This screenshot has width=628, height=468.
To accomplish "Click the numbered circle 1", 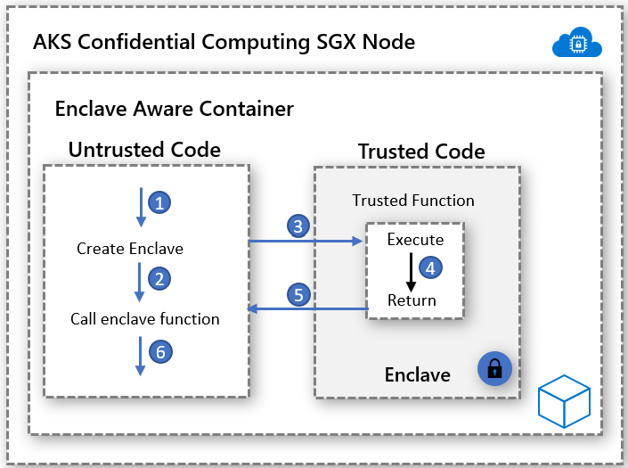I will coord(159,203).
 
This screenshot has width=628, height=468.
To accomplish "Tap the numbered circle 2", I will coord(159,279).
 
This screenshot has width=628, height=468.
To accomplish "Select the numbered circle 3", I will coord(299,226).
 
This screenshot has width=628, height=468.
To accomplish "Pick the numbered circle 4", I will coord(431,267).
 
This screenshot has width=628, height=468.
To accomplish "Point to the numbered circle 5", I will coord(299,293).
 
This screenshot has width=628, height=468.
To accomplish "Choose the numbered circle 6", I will coord(159,352).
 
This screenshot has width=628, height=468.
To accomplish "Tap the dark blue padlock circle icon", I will coord(495,367).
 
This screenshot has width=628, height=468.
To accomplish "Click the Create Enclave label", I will coord(130,249).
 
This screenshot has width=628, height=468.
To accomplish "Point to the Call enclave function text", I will coord(145,318).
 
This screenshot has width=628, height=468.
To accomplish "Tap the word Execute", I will coord(415,240).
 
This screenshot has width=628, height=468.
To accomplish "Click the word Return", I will coord(412,300).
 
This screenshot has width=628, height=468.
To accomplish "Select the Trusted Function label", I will coord(413,201).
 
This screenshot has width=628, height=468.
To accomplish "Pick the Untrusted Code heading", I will coord(144,149).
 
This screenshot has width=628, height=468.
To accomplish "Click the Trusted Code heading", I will coord(421,152).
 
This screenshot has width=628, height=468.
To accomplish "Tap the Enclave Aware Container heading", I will coord(175,109).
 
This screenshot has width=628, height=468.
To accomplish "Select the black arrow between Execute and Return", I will coord(411,271).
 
